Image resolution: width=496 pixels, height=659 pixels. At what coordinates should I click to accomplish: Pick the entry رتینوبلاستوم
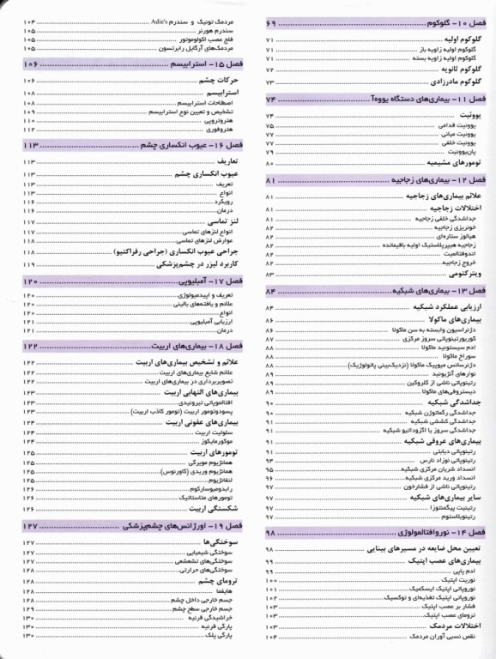click(452, 517)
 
